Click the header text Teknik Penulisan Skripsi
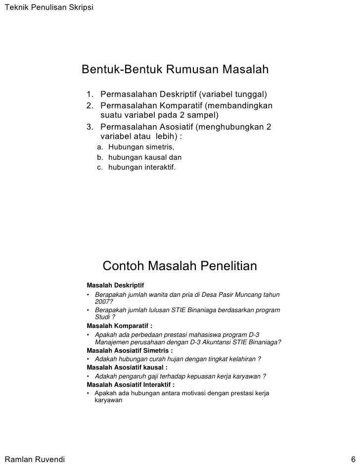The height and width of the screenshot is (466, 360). pos(42,6)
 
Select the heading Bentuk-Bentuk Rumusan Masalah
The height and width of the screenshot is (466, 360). pos(175,70)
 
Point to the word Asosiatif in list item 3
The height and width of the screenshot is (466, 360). pos(177,127)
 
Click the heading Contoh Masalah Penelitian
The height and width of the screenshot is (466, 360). pos(180,267)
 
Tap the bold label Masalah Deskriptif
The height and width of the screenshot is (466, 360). pos(115,285)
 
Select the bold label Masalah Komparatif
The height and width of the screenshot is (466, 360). pos(119,326)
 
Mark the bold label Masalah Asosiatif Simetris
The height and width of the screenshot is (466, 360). pos(130,350)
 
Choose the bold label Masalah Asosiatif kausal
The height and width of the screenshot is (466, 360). pos(127,367)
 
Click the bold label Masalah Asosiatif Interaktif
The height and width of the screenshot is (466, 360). pos(131,384)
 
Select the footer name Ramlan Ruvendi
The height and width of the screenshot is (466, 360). pos(34,458)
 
